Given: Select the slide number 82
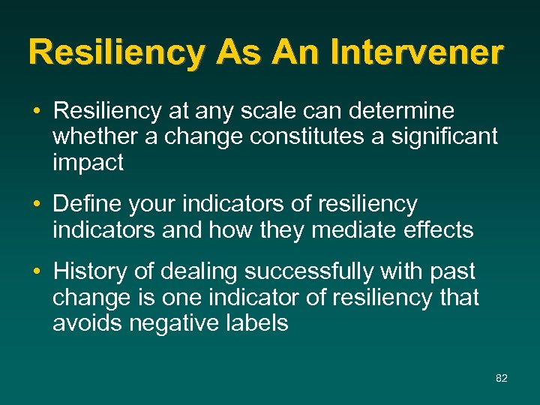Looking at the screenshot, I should [x=502, y=378].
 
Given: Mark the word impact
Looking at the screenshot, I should [x=88, y=163].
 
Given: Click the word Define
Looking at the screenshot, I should [x=89, y=204].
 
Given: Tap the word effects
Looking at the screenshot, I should [x=439, y=229].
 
